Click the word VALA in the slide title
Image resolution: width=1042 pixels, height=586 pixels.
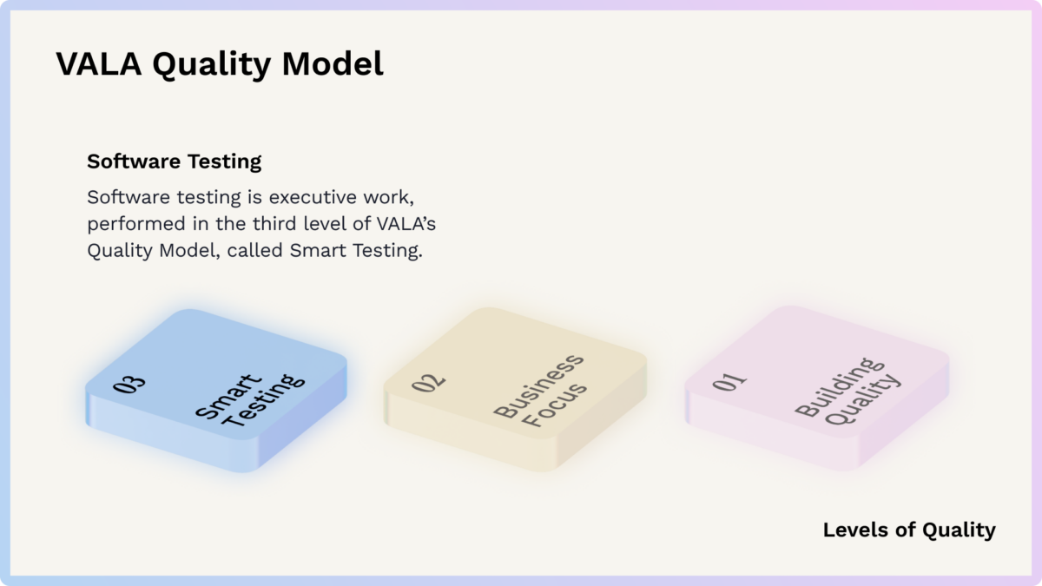pos(99,63)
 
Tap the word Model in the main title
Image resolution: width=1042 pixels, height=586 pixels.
pos(333,63)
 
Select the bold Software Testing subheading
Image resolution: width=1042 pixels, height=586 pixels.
pos(174,161)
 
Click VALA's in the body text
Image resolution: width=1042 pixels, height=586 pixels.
pos(406,223)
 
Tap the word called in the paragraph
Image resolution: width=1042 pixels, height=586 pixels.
pos(255,250)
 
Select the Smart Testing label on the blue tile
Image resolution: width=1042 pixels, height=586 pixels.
pos(250,400)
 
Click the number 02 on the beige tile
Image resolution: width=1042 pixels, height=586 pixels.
pos(428,383)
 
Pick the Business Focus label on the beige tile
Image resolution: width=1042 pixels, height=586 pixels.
pos(540,391)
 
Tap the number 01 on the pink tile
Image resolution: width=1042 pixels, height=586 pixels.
pos(729,381)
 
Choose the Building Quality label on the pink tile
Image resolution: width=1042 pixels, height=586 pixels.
pos(847,392)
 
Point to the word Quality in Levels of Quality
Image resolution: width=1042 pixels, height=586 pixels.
pos(959,530)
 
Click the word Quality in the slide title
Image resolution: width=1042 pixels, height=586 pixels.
pos(212,64)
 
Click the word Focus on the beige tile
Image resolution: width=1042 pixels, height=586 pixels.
pos(554,405)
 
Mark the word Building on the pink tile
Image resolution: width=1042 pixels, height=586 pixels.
pos(839,386)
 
